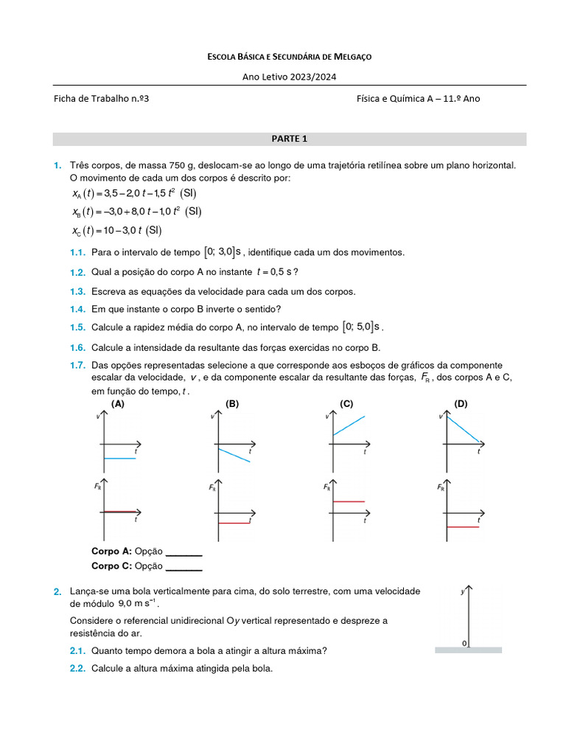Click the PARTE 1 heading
pyautogui.click(x=289, y=139)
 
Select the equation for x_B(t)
pyautogui.click(x=136, y=212)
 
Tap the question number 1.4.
pyautogui.click(x=78, y=309)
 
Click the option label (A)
pyautogui.click(x=118, y=404)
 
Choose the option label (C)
pyautogui.click(x=347, y=404)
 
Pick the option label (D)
pyautogui.click(x=461, y=404)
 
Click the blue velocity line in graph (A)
pyautogui.click(x=120, y=459)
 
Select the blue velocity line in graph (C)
pyautogui.click(x=349, y=426)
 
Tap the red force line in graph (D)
pyautogui.click(x=463, y=527)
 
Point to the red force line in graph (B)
pyautogui.click(x=234, y=523)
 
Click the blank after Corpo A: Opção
pyautogui.click(x=184, y=552)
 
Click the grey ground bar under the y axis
pyautogui.click(x=468, y=650)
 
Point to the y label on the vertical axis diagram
pyautogui.click(x=462, y=591)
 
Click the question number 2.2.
pyautogui.click(x=78, y=669)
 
